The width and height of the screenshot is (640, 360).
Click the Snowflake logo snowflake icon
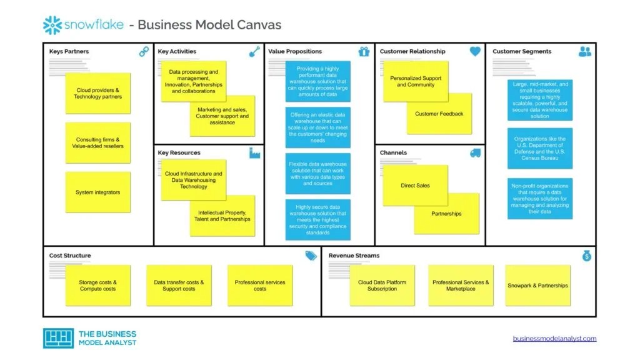52,25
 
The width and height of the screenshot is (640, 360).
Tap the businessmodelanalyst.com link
554,339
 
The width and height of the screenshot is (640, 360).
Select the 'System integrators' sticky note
97,192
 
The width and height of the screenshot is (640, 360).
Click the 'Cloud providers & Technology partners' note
97,94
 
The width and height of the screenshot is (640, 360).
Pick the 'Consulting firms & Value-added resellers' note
97,143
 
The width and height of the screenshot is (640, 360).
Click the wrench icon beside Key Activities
254,52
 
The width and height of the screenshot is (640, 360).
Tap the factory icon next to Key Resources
254,153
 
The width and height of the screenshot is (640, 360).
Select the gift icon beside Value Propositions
364,52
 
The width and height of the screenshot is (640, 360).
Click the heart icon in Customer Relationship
475,52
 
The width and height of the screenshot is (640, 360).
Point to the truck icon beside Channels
475,153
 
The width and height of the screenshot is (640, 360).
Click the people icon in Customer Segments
585,52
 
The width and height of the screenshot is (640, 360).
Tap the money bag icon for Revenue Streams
586,256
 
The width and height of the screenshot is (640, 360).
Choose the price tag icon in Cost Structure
311,256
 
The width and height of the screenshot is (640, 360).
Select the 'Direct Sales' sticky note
415,186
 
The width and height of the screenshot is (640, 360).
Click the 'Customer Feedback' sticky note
439,114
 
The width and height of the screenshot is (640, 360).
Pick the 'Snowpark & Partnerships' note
537,286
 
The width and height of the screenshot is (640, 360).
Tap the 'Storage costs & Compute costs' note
97,286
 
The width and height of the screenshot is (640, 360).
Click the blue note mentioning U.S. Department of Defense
540,149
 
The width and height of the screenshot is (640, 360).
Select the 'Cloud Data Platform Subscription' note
382,286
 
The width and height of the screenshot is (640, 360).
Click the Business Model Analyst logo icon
57,338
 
